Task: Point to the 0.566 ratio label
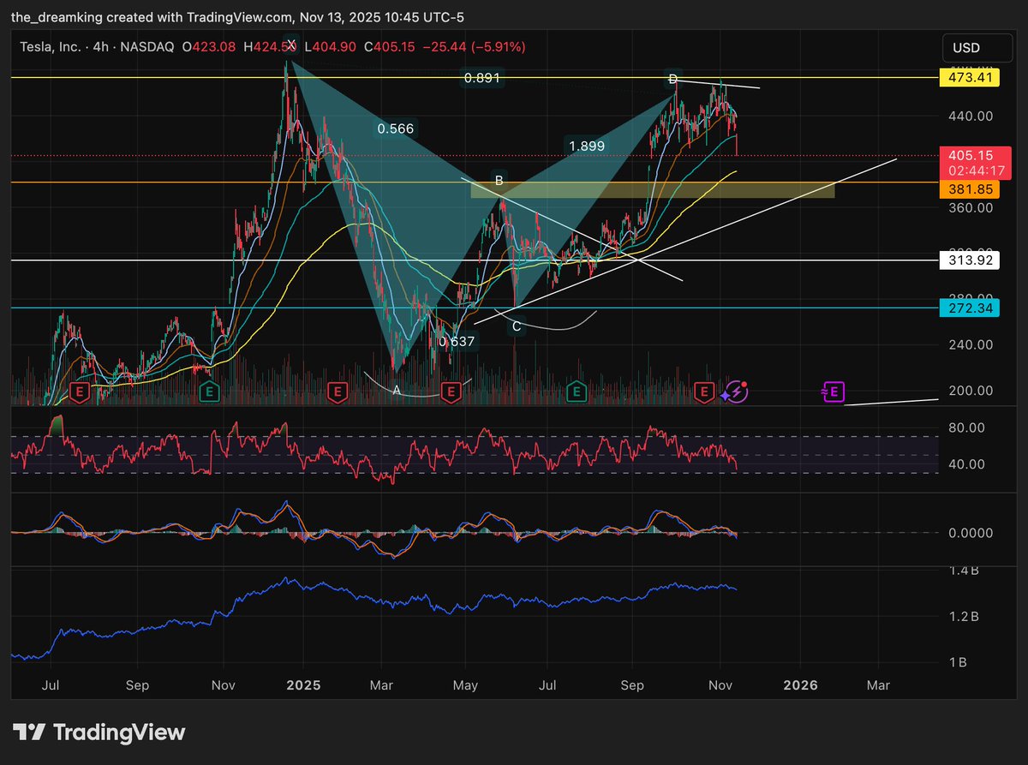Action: (395, 129)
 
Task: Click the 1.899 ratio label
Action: (587, 146)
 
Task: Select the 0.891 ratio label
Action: (481, 78)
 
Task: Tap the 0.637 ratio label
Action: (457, 342)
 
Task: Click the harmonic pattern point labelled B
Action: (498, 181)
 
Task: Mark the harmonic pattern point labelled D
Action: (673, 80)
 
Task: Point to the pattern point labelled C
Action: (516, 326)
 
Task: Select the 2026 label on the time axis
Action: (802, 685)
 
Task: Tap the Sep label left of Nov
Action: (137, 685)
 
